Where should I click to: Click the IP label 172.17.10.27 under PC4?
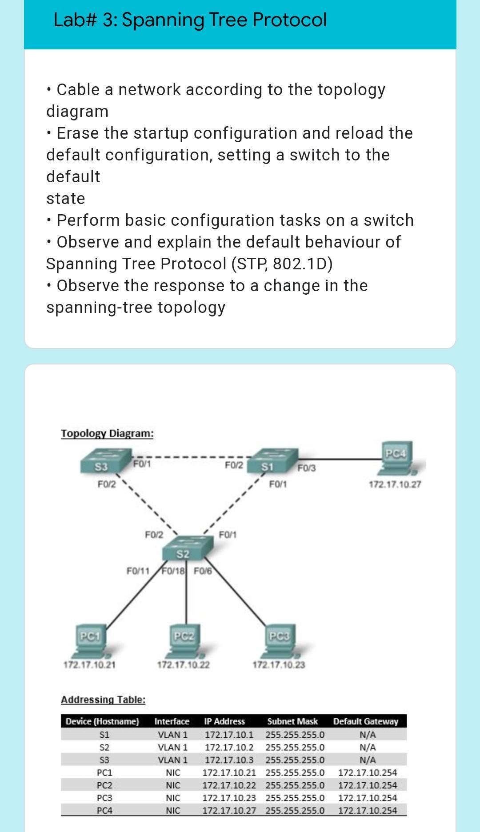(x=395, y=484)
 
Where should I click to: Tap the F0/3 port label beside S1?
(x=306, y=468)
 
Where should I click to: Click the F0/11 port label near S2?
(x=138, y=571)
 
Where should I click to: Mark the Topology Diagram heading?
(x=107, y=433)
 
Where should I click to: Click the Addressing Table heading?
(x=103, y=700)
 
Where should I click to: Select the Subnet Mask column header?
(x=292, y=721)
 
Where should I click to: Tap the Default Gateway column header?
(x=366, y=721)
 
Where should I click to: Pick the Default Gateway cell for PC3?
(x=367, y=798)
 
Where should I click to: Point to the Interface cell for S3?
(x=172, y=760)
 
